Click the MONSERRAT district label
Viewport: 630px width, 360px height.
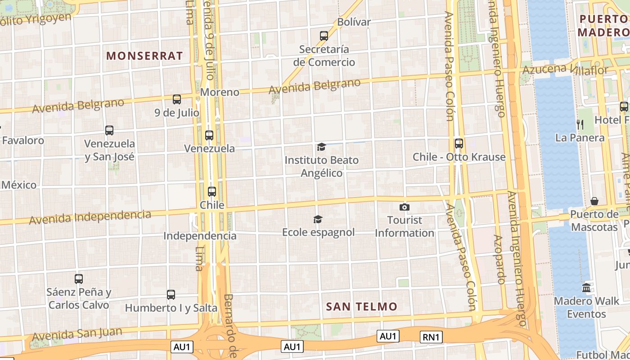pyautogui.click(x=144, y=56)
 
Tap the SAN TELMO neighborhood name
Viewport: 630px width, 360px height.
pyautogui.click(x=362, y=307)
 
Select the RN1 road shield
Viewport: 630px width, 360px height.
pyautogui.click(x=432, y=337)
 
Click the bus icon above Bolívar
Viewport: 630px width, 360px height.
pyautogui.click(x=324, y=36)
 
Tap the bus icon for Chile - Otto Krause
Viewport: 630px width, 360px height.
pyautogui.click(x=459, y=144)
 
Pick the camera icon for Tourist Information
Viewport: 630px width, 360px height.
pyautogui.click(x=405, y=207)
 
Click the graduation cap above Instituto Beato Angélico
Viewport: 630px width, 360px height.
pyautogui.click(x=321, y=147)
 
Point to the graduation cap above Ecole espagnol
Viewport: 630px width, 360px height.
pyautogui.click(x=318, y=219)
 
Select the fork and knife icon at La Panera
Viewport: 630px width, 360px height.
pyautogui.click(x=580, y=124)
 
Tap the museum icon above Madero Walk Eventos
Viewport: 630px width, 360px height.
pyautogui.click(x=586, y=288)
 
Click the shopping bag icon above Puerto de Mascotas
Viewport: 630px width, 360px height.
pyautogui.click(x=594, y=201)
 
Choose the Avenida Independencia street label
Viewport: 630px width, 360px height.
pyautogui.click(x=90, y=217)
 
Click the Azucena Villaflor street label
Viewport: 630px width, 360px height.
pyautogui.click(x=565, y=69)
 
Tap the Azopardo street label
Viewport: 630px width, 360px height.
pyautogui.click(x=499, y=259)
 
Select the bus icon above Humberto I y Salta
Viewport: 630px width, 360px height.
pyautogui.click(x=171, y=295)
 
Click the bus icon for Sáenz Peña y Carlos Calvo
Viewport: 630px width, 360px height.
pyautogui.click(x=79, y=279)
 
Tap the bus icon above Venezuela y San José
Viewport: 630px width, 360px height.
pyautogui.click(x=109, y=130)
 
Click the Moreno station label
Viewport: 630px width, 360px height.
pyautogui.click(x=220, y=92)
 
